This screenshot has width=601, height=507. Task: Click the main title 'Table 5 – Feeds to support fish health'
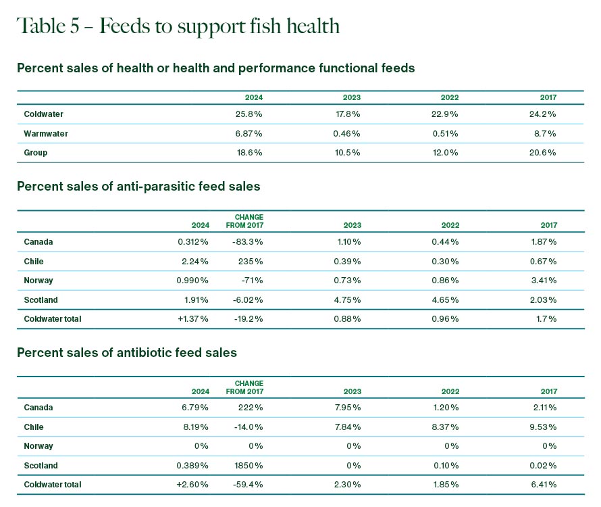click(x=178, y=26)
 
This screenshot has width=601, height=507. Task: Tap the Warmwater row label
click(x=46, y=134)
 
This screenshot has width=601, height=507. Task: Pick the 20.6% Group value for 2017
click(x=544, y=153)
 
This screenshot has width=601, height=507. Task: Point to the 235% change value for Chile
click(x=254, y=261)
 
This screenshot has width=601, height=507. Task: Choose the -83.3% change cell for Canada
click(x=249, y=242)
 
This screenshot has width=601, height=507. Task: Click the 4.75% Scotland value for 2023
click(x=348, y=299)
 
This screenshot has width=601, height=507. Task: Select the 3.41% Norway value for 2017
click(x=544, y=281)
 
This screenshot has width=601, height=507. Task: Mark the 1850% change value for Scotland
click(x=251, y=465)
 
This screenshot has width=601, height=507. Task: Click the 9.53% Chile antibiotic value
click(x=544, y=427)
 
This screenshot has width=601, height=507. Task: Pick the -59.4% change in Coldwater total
click(x=249, y=484)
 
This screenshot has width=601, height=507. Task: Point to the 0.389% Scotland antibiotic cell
click(x=193, y=465)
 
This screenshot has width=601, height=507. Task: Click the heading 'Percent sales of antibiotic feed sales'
click(x=127, y=352)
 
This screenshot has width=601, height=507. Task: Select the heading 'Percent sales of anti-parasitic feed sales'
click(x=138, y=186)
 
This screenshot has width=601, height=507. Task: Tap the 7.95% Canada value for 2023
click(x=348, y=408)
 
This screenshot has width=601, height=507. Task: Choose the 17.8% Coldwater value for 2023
click(x=347, y=114)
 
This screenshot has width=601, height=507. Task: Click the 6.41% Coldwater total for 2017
click(x=544, y=484)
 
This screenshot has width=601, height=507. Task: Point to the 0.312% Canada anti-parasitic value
click(x=193, y=242)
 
